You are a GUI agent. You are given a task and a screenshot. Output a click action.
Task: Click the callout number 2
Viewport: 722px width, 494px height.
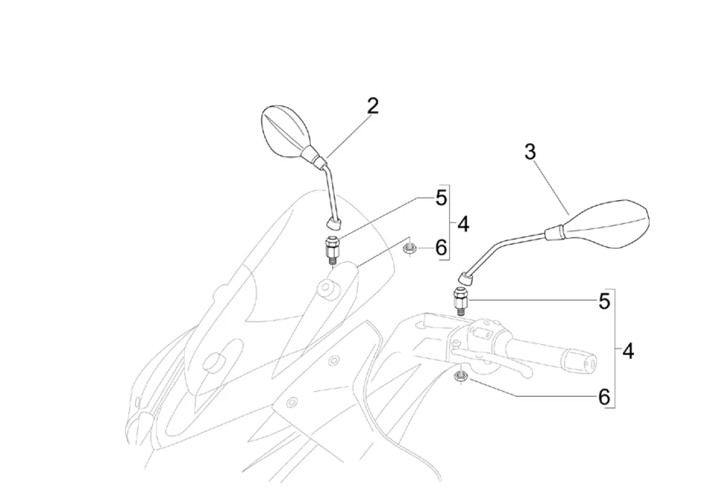coord(373,106)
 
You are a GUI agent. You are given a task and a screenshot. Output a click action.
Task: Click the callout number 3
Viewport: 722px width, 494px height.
coord(530,152)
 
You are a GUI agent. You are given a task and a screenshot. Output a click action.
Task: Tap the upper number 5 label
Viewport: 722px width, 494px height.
coord(441,198)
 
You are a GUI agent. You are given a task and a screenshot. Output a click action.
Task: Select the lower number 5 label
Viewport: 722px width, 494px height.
coord(604,301)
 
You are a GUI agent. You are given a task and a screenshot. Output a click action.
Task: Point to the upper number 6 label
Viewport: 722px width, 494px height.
coord(441,248)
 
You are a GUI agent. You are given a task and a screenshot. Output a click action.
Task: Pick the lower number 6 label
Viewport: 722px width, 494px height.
coord(604,397)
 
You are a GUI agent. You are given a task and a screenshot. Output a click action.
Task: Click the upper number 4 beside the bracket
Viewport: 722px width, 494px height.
coord(463,224)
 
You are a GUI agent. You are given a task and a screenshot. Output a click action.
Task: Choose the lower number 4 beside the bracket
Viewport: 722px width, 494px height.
coord(628,351)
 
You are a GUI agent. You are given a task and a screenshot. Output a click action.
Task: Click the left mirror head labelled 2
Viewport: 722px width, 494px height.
coord(286,131)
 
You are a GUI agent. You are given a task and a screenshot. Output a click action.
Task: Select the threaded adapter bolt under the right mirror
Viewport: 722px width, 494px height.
coord(461,300)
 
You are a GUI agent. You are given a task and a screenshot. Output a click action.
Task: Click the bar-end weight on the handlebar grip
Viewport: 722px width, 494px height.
coord(589,363)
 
